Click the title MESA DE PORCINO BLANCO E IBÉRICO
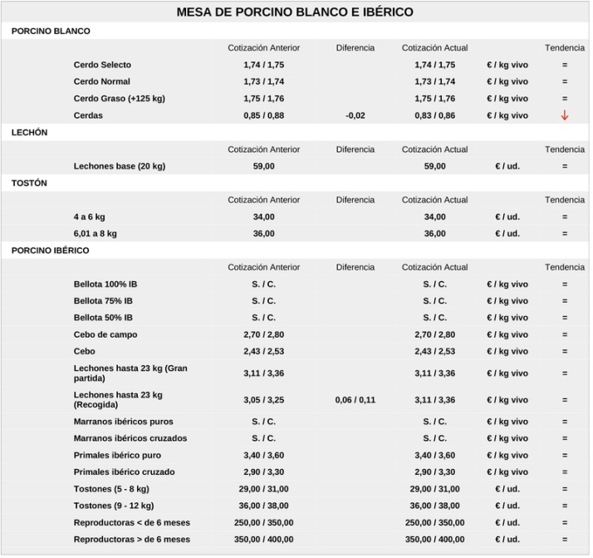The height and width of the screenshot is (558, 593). (295, 12)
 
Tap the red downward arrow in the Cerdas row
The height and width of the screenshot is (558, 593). (565, 116)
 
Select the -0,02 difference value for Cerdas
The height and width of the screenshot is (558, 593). (355, 116)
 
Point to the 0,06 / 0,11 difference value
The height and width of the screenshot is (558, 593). (355, 400)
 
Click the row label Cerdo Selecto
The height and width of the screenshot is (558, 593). (102, 65)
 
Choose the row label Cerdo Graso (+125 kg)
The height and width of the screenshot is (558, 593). (119, 98)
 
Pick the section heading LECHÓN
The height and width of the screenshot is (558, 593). (30, 132)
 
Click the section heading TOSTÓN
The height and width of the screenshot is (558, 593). (30, 183)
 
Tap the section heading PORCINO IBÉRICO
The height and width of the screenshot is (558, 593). (51, 250)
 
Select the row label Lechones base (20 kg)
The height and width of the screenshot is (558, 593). (119, 166)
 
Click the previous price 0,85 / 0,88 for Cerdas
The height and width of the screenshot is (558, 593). (264, 116)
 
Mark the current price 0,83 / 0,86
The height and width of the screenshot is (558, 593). (435, 116)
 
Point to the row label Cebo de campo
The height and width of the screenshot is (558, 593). (105, 334)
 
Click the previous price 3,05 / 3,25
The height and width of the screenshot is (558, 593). (264, 400)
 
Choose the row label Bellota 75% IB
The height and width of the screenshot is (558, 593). (103, 301)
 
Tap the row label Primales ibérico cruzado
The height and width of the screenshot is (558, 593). (124, 472)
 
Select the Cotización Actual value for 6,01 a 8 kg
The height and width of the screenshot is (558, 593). (435, 234)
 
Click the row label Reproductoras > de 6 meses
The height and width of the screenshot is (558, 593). (131, 540)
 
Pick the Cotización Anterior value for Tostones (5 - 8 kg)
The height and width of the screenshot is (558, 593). (264, 489)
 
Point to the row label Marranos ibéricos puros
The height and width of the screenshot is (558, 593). (123, 422)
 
